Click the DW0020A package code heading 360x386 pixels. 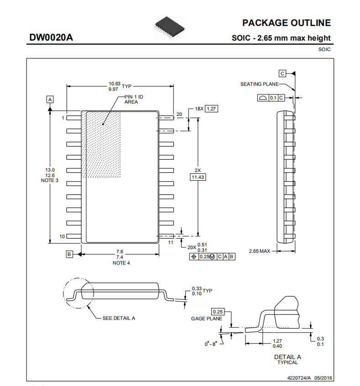tap(51, 37)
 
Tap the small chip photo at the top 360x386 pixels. tap(170, 27)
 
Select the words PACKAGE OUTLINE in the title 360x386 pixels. tap(287, 23)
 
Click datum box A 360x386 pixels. tap(50, 99)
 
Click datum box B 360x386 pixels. tap(69, 254)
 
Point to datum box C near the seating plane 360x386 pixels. tap(282, 73)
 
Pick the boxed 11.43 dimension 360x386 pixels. tap(198, 177)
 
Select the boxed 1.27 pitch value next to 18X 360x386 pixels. tap(211, 109)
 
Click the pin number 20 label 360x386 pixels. tap(179, 114)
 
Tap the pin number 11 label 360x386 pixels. tap(171, 242)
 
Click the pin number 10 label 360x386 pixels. tap(62, 236)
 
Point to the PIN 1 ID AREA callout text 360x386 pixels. tap(134, 99)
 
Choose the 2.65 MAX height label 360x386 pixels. tap(260, 251)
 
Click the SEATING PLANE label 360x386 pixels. tap(260, 84)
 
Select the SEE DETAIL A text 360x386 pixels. tap(119, 318)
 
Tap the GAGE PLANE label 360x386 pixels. tap(207, 318)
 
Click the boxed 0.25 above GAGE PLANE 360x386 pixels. tap(218, 312)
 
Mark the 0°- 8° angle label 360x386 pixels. tap(211, 344)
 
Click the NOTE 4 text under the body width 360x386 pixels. tap(121, 263)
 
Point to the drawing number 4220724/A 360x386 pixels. tap(299, 378)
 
